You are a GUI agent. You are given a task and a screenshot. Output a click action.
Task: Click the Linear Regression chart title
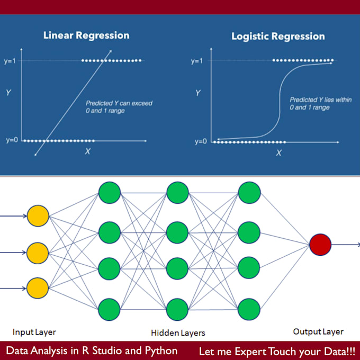[86, 35]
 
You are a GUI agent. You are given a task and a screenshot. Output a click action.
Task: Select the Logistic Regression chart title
[278, 37]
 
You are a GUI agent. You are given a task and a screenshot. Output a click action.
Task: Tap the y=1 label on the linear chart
[10, 61]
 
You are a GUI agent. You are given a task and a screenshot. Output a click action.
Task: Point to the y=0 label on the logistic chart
[201, 141]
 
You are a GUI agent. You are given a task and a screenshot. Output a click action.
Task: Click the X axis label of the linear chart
[88, 151]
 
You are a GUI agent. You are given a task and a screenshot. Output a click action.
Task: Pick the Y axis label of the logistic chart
[198, 93]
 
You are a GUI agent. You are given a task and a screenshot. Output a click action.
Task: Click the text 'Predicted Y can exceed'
[119, 103]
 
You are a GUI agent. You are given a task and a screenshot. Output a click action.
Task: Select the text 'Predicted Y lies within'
[320, 100]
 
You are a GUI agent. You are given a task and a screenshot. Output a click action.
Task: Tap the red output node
[320, 245]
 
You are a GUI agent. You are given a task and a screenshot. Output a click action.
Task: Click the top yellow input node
[38, 216]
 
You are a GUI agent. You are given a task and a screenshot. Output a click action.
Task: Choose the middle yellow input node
[38, 253]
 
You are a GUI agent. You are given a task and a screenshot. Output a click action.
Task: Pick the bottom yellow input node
[38, 288]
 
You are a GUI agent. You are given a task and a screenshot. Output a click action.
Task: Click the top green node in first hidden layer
[110, 193]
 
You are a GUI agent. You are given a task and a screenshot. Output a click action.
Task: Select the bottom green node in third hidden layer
[249, 309]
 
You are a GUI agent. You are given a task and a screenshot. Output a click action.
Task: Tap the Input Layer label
[34, 332]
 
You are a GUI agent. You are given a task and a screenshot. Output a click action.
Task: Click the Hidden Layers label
[178, 333]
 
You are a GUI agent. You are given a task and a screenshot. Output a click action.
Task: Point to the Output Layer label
[318, 332]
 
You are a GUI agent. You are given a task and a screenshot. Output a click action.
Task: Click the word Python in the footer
[161, 351]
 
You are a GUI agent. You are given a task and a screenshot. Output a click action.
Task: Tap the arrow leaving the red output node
[346, 245]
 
